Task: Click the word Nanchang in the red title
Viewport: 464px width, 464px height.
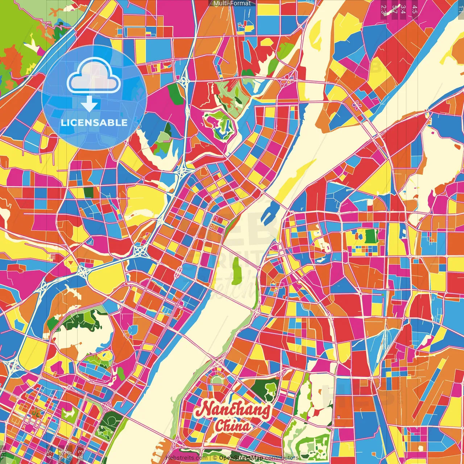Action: click(233, 410)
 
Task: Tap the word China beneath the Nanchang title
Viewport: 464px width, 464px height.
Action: click(232, 426)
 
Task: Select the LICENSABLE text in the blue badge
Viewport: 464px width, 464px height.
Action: click(94, 123)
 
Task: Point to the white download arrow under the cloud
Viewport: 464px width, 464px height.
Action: click(89, 104)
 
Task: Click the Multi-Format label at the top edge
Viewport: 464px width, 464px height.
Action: click(232, 3)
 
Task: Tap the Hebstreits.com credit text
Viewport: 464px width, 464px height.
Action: click(186, 458)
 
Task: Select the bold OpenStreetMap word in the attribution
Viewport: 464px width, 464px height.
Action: click(241, 458)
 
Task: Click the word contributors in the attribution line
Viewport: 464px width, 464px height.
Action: click(282, 458)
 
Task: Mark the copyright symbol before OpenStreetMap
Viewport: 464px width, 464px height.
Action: click(215, 458)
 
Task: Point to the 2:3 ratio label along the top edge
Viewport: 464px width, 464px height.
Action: click(384, 9)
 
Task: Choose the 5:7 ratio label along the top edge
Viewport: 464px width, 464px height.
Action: click(394, 9)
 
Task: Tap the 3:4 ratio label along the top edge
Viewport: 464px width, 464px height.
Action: click(403, 9)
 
